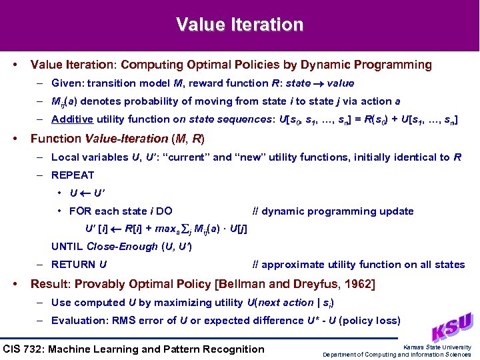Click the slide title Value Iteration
tap(239, 25)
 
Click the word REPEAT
tap(73, 175)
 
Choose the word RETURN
tap(73, 265)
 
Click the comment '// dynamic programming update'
tap(333, 211)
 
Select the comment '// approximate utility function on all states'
tap(359, 265)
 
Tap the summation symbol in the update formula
tap(187, 229)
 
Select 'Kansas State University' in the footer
tap(438, 347)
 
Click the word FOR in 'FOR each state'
tap(81, 211)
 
